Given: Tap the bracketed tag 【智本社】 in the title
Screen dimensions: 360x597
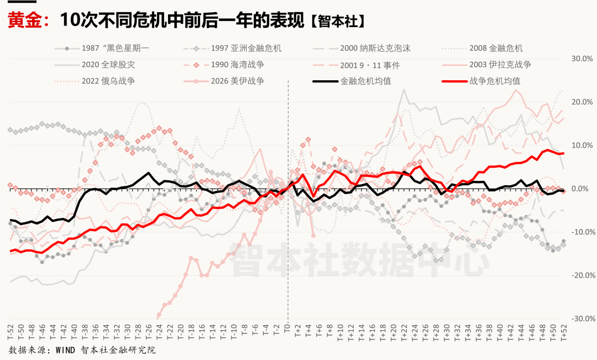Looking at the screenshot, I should (x=337, y=22).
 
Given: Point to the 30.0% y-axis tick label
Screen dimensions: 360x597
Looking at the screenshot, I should (x=582, y=59).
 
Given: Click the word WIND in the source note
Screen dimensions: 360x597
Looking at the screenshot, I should (x=64, y=350).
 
